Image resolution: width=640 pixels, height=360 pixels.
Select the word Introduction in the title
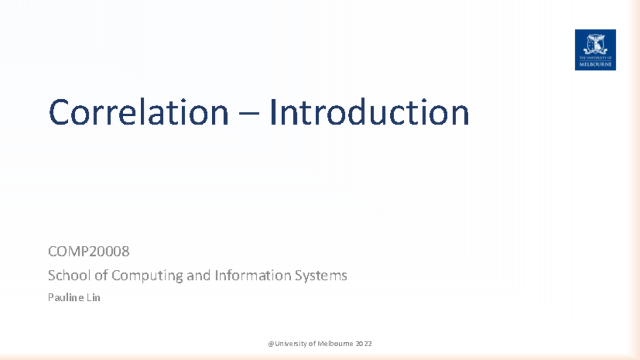pos(369,113)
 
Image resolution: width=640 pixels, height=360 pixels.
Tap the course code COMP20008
pos(89,250)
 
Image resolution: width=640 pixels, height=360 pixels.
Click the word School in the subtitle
pos(67,276)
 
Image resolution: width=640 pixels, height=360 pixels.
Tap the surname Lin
pos(93,298)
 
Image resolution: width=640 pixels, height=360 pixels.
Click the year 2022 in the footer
pos(364,344)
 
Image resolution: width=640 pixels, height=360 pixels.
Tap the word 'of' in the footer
pos(311,344)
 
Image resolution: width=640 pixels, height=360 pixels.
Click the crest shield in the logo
pos(595,43)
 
